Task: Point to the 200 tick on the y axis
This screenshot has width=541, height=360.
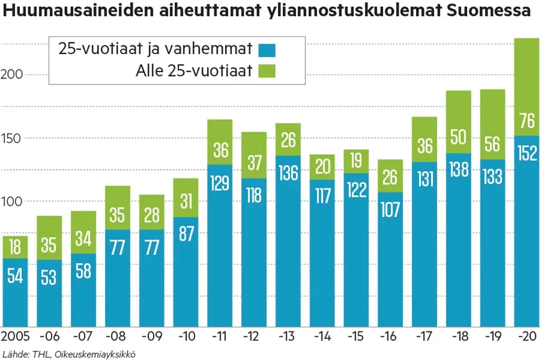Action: [12, 74]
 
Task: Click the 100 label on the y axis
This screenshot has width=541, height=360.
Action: [12, 201]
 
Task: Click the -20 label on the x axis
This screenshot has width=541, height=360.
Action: [527, 337]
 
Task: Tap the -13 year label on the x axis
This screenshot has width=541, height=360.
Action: [288, 337]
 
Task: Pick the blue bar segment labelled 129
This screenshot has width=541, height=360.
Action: [220, 249]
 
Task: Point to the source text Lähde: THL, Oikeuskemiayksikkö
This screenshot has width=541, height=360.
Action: [68, 354]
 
